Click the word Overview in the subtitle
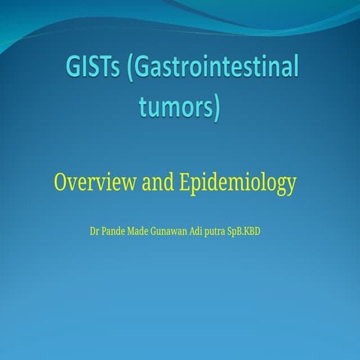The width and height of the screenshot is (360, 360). tap(94, 181)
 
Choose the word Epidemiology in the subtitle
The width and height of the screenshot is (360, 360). tap(238, 182)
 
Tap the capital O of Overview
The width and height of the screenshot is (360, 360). tap(61, 181)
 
